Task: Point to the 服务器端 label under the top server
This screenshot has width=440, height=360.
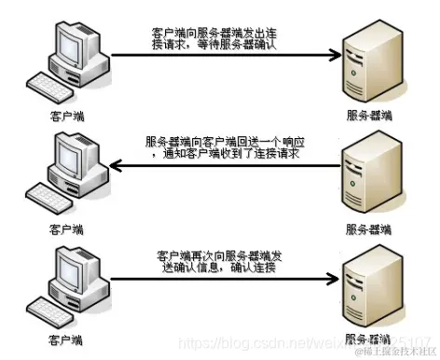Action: click(367, 117)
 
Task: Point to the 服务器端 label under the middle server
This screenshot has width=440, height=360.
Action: click(367, 228)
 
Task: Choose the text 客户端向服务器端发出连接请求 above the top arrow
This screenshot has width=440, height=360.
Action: click(220, 33)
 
